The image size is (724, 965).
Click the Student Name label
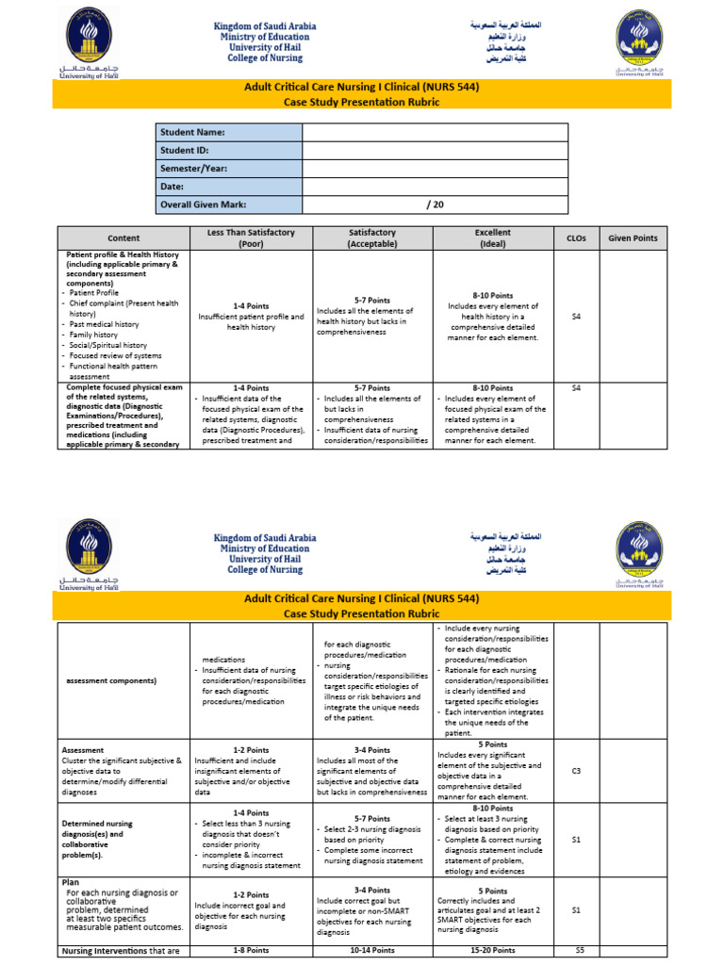click(x=192, y=133)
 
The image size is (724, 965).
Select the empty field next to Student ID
click(x=435, y=151)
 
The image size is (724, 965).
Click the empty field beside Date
click(x=435, y=187)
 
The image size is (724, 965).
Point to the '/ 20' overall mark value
click(x=435, y=204)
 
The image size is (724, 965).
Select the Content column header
click(x=123, y=238)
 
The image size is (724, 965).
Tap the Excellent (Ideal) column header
click(x=493, y=238)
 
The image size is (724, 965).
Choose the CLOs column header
click(x=576, y=238)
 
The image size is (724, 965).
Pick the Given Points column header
click(x=633, y=238)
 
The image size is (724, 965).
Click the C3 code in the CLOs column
click(x=576, y=771)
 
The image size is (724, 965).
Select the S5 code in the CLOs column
click(x=580, y=950)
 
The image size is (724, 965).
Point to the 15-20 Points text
click(x=492, y=950)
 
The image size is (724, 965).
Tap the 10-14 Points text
click(x=371, y=950)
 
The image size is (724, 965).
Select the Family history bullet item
click(x=93, y=335)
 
